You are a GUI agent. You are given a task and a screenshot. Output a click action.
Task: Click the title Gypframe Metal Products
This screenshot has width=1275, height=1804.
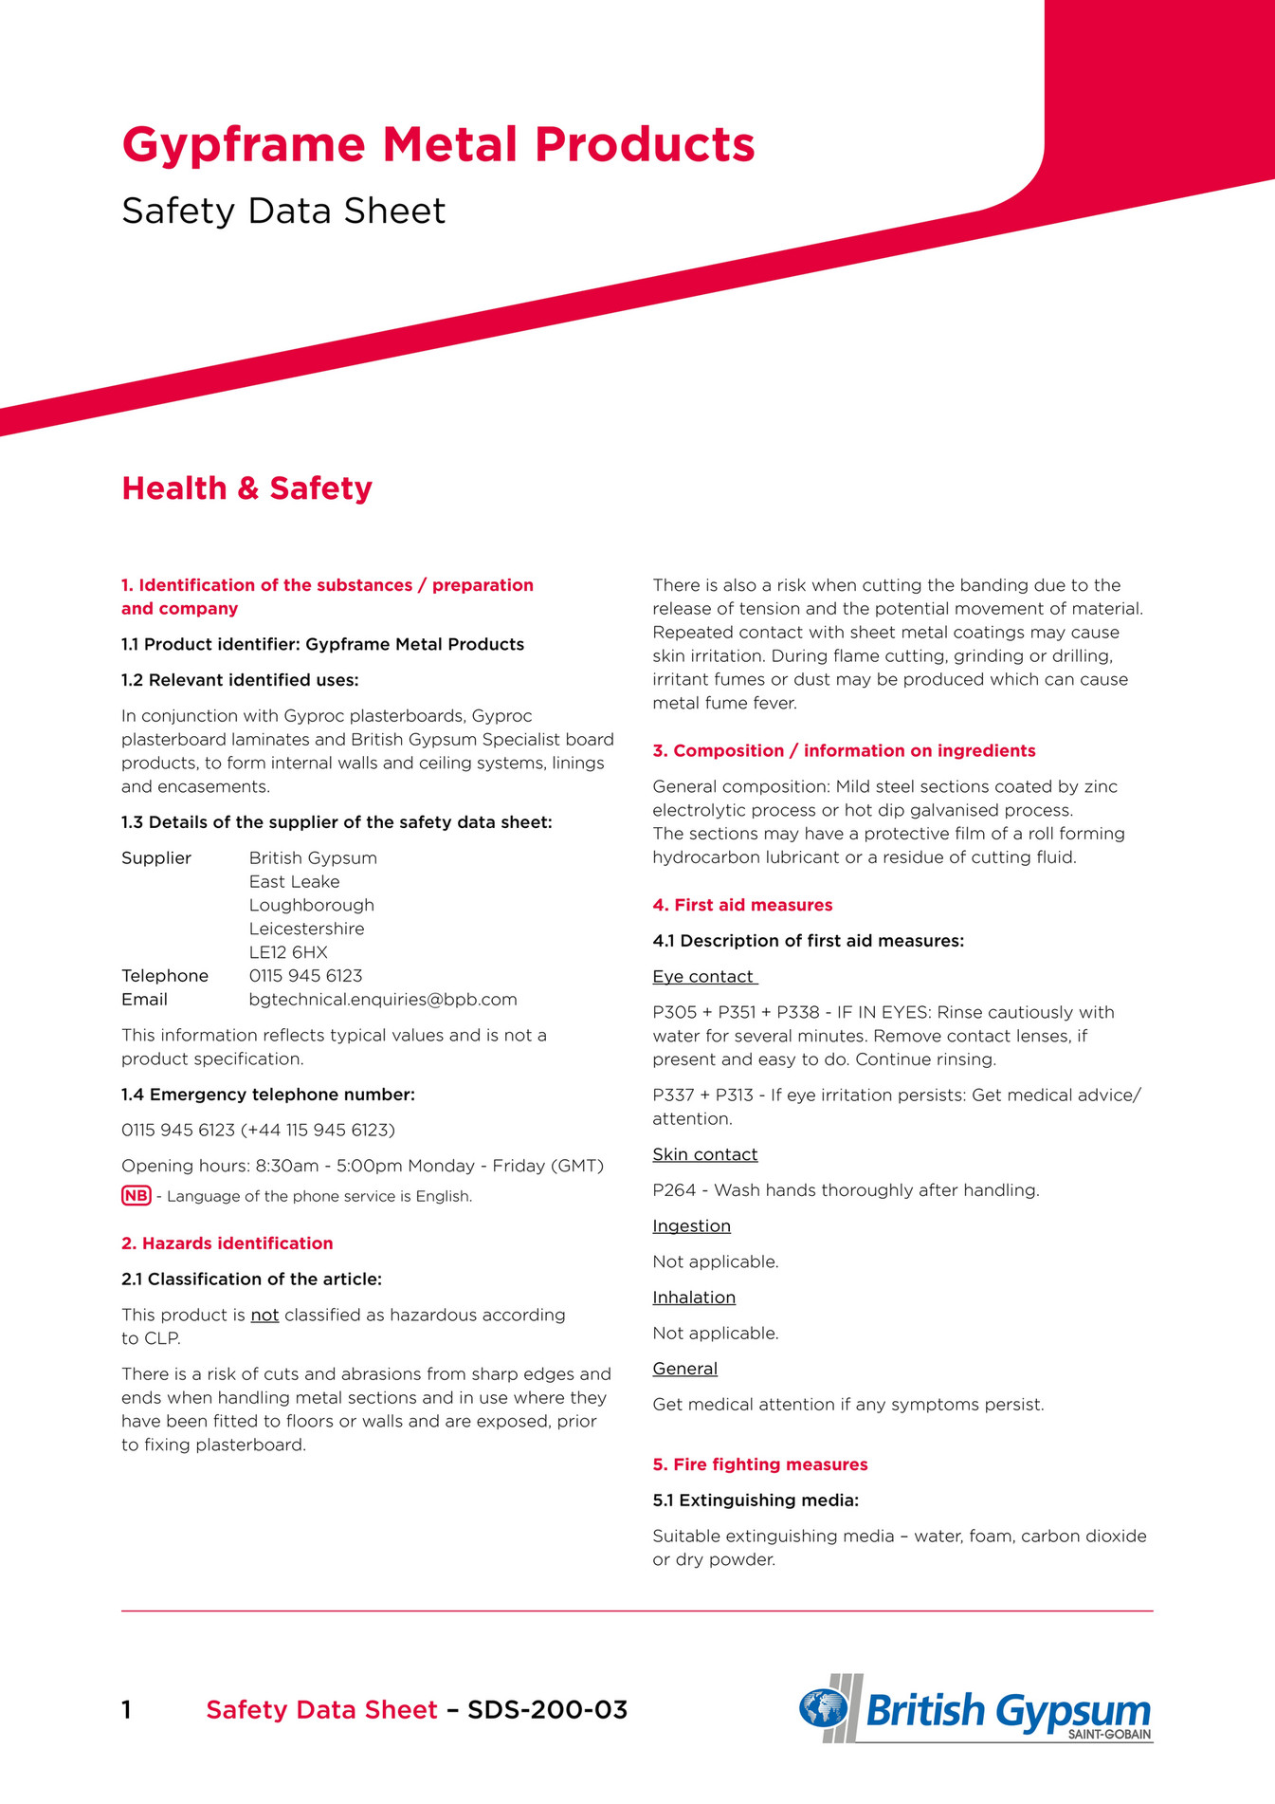[438, 145]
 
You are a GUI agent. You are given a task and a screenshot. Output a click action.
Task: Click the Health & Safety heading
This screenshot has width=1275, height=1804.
[246, 488]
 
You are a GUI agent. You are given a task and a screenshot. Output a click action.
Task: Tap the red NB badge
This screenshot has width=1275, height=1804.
[137, 1196]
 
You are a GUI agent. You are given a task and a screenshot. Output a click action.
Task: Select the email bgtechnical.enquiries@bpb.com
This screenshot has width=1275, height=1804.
[383, 1000]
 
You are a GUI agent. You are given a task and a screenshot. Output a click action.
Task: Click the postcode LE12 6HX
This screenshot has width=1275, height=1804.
[288, 952]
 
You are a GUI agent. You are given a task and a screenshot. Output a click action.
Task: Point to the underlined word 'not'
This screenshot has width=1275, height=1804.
[264, 1316]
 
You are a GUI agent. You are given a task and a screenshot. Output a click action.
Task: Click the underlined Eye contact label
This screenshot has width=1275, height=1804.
[703, 977]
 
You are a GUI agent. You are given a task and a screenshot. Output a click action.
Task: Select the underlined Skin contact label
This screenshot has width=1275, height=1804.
[704, 1154]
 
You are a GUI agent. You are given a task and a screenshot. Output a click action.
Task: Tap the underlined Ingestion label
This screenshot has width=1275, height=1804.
[691, 1226]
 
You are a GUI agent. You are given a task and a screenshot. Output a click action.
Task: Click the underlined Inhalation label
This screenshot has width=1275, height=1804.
[693, 1298]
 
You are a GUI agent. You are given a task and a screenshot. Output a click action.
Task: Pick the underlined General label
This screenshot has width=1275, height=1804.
[684, 1369]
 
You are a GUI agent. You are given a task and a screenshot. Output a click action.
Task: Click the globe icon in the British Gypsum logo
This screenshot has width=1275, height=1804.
[823, 1708]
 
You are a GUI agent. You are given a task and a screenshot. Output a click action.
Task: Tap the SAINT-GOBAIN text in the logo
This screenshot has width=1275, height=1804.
[1109, 1735]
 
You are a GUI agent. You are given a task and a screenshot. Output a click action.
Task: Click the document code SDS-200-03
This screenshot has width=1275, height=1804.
[547, 1710]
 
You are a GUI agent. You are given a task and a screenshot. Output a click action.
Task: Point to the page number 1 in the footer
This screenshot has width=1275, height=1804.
[126, 1710]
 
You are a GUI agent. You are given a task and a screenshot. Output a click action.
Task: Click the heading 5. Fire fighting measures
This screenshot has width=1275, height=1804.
[759, 1464]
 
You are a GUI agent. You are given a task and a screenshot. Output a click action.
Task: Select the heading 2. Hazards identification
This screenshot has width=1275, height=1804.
[227, 1243]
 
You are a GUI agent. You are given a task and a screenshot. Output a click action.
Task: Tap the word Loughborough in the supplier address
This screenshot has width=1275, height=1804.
[311, 905]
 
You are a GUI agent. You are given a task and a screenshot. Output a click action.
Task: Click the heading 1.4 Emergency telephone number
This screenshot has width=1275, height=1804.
[267, 1095]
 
